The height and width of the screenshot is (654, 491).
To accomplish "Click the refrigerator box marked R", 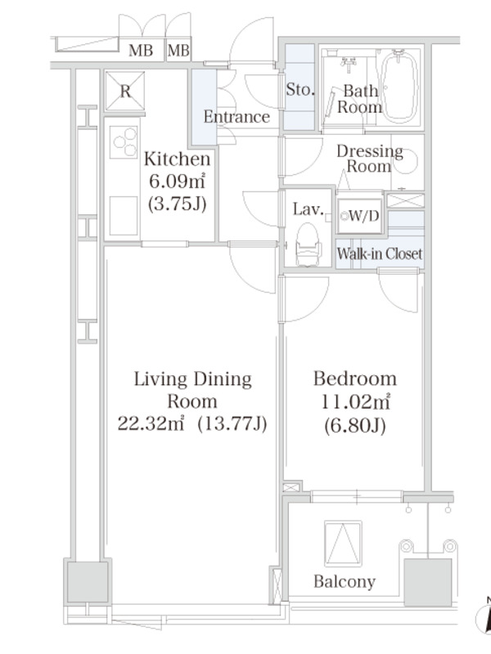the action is point(125,91).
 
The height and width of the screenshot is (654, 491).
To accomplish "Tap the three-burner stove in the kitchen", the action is point(124,142).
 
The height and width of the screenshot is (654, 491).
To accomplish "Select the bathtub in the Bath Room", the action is point(399,87).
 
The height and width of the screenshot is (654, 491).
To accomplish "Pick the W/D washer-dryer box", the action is point(359,216).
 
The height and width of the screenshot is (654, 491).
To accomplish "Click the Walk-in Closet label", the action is point(380,253).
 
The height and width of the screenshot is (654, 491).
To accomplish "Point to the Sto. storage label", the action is point(300,89).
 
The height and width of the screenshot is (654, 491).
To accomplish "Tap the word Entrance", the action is point(236,117).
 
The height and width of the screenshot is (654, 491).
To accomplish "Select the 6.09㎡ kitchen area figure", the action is point(178,181).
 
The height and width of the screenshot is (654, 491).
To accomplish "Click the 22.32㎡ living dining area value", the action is point(151,423).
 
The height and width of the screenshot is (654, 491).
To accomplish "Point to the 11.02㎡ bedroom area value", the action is point(355,402).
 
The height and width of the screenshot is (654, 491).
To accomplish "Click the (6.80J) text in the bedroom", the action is point(355,425).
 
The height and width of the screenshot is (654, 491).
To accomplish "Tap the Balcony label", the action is point(345,581).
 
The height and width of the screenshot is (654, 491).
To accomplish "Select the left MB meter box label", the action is point(141,51).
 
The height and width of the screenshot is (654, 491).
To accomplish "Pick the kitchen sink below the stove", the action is point(124,216).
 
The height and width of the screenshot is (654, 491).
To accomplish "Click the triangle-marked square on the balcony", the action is point(343,544).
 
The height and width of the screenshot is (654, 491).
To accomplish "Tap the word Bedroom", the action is point(355,379).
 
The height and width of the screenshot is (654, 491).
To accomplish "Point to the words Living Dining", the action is point(193,379).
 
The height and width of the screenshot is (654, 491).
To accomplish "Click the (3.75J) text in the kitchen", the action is point(178,204).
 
